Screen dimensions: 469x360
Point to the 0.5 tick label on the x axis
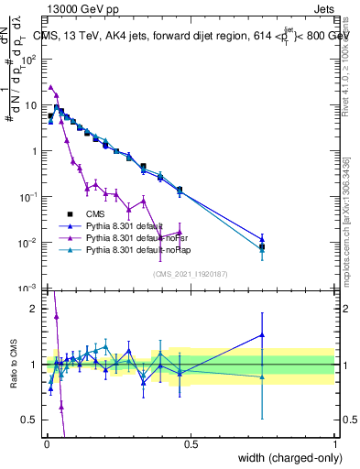point(191,444)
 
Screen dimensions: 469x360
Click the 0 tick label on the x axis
point(46,444)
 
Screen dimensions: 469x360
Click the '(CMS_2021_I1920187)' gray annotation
point(191,273)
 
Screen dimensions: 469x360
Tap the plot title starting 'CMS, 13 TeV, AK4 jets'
point(192,35)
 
